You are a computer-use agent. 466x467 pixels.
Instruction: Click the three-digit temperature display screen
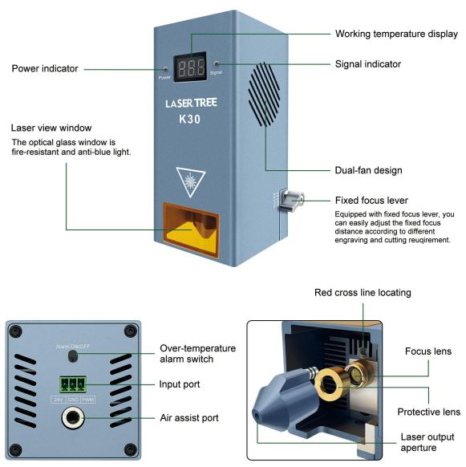(x=190, y=67)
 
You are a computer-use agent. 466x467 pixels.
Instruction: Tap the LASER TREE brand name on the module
(x=191, y=103)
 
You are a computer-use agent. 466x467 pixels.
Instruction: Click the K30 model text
(x=189, y=119)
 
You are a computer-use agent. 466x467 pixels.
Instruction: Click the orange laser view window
(x=191, y=229)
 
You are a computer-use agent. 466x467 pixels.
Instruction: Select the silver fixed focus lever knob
(x=292, y=200)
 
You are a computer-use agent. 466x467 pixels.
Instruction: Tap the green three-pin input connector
(x=73, y=385)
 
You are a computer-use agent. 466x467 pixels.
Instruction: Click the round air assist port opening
(x=72, y=417)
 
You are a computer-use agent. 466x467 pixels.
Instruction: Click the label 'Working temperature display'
(x=396, y=34)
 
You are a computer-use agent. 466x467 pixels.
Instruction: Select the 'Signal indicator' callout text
(x=368, y=64)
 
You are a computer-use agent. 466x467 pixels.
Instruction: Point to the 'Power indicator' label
(x=45, y=68)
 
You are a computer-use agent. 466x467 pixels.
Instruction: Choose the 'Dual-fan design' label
(x=369, y=170)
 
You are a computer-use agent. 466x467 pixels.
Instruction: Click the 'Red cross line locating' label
(x=363, y=292)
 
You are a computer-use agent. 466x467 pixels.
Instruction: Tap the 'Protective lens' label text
(x=429, y=412)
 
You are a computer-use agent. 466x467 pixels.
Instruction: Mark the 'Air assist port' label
(x=189, y=418)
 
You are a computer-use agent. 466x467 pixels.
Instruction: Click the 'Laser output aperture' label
(x=428, y=442)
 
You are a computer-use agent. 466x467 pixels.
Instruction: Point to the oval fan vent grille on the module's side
(x=265, y=94)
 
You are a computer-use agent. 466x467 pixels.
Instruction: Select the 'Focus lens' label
(x=428, y=351)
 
